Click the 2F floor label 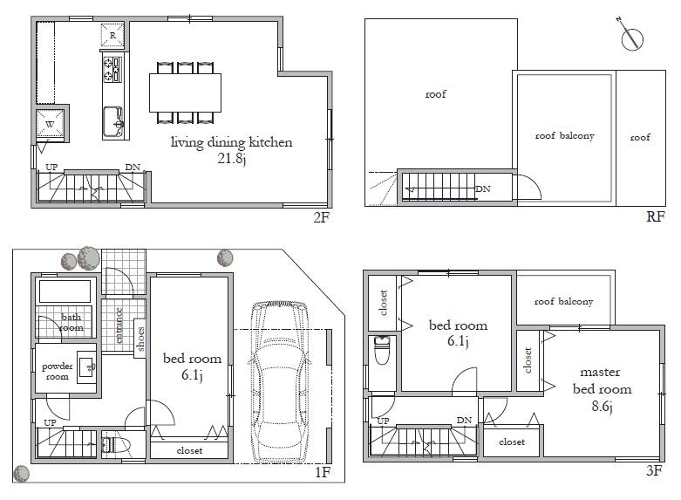point(321,217)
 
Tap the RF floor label point(656,217)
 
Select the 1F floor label point(322,474)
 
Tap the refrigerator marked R point(113,36)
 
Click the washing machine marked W point(51,125)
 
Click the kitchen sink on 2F point(113,120)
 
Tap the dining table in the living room point(186,90)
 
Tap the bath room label point(72,323)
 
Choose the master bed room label point(601,381)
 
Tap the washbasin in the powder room point(86,366)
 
